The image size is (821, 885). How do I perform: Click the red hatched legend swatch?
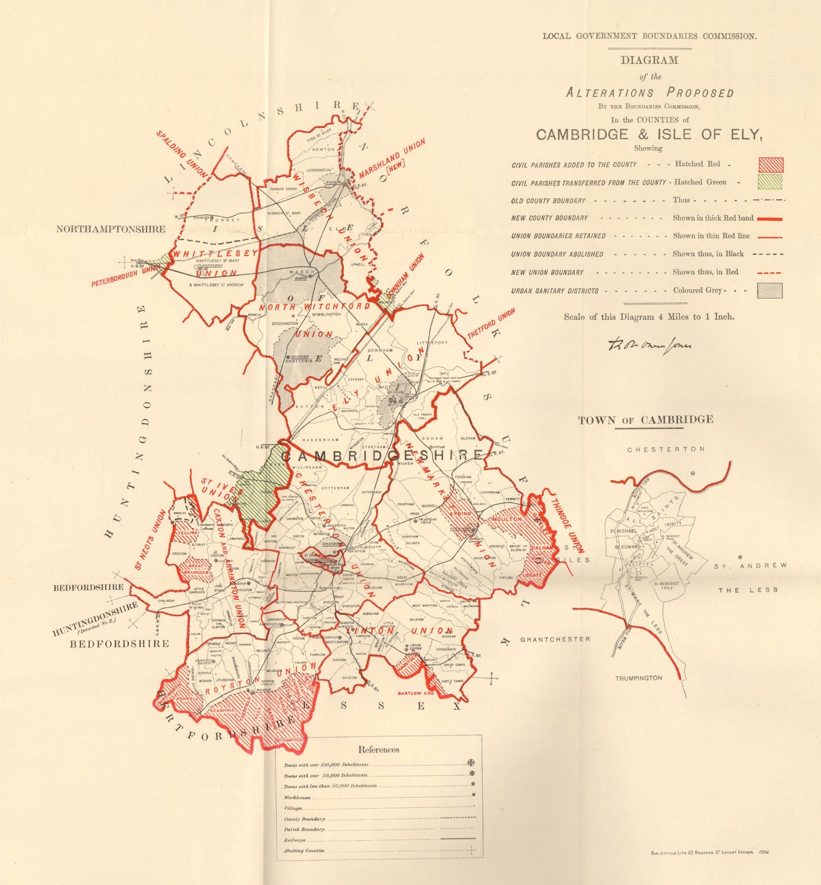(770, 165)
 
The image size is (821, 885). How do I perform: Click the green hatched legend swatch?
(770, 182)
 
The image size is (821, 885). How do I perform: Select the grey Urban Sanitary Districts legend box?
(770, 290)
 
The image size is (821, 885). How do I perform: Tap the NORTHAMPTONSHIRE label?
(111, 229)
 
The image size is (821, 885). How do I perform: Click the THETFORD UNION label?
(491, 324)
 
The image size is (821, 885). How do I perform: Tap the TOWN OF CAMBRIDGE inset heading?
(646, 420)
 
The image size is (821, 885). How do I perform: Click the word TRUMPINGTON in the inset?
(638, 678)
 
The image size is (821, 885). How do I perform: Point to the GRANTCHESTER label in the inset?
(555, 639)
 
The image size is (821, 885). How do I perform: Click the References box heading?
(379, 749)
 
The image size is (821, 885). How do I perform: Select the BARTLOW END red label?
(416, 693)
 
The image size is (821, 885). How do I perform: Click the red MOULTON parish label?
(507, 519)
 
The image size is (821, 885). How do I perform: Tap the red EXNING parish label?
(460, 513)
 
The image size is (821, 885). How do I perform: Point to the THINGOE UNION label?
(567, 525)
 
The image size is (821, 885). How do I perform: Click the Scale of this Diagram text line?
(649, 317)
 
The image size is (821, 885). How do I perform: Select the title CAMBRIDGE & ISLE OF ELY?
(649, 134)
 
